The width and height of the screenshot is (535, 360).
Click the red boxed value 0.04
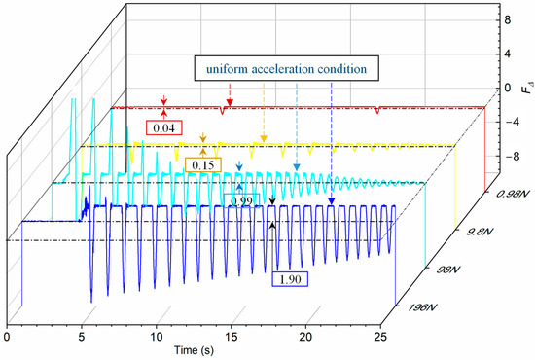pos(162,126)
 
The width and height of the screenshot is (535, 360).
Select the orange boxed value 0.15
pos(204,165)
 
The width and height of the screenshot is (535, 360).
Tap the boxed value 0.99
pos(239,200)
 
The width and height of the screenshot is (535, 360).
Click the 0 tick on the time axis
pos(7,336)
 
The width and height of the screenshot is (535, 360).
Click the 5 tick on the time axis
pos(81,336)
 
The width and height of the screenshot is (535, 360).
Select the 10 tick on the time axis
pos(156,336)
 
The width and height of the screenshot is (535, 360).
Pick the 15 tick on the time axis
pos(231,336)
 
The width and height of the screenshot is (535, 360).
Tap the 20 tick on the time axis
pos(305,336)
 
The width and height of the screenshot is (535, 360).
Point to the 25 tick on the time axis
pos(380,336)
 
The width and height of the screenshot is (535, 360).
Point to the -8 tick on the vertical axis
pos(502,155)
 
